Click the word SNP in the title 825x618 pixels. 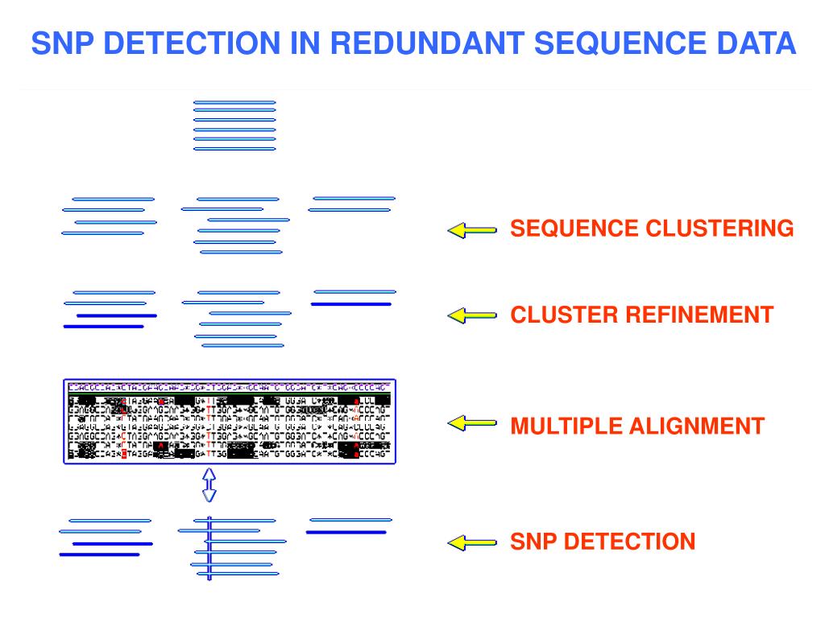point(60,43)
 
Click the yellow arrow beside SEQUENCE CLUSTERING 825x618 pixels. point(471,230)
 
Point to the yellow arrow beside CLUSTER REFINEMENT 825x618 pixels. point(471,315)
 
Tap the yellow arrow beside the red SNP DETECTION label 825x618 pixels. point(471,543)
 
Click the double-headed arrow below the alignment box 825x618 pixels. point(209,485)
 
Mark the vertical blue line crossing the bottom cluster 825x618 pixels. point(209,549)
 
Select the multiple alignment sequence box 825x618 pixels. point(230,421)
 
